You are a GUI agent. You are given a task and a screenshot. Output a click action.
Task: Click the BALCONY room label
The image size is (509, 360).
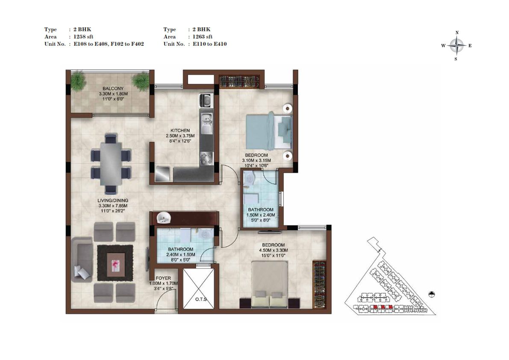113,89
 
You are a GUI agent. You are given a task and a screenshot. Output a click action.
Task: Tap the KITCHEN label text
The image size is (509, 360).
180,130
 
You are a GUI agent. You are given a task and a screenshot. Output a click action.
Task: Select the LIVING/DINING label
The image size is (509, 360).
113,200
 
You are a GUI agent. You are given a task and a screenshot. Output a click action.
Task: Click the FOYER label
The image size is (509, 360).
163,278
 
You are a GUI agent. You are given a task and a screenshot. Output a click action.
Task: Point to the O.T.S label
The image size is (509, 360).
201,299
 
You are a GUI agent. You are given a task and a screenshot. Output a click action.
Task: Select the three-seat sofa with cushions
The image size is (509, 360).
82,260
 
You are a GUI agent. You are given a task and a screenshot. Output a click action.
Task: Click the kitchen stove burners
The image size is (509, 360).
207,159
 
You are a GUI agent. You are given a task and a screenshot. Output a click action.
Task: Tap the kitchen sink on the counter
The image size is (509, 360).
206,124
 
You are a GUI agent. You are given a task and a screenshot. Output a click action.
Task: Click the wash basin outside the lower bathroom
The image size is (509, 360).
164,218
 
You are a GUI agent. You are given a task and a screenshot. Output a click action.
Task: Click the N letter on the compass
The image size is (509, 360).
457,32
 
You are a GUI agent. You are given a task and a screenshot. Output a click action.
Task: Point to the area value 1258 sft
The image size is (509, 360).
83,37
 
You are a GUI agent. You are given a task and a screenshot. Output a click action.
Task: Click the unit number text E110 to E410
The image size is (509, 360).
210,44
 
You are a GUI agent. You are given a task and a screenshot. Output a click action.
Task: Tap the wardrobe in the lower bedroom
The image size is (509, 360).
319,284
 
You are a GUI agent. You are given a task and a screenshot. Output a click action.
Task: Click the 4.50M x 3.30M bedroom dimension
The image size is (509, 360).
274,250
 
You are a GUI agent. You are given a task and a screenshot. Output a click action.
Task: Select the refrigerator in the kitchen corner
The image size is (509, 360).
162,174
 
